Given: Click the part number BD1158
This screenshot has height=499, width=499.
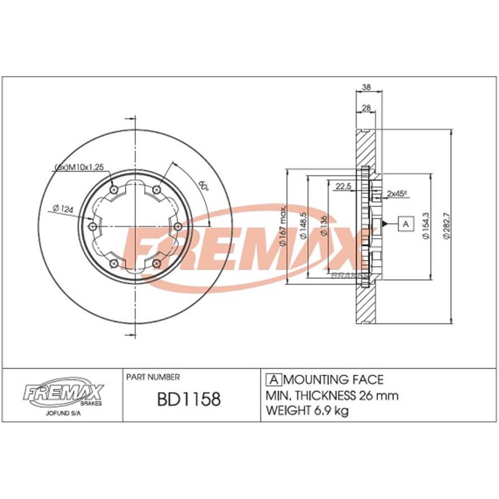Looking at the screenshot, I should pyautogui.click(x=189, y=399).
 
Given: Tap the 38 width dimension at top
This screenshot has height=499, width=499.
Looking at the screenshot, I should pyautogui.click(x=367, y=87).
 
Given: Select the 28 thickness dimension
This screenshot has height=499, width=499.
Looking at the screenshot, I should pyautogui.click(x=366, y=108).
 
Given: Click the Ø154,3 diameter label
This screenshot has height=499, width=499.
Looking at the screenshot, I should pyautogui.click(x=425, y=227).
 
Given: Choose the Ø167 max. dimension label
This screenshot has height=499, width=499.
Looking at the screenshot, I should pyautogui.click(x=282, y=226).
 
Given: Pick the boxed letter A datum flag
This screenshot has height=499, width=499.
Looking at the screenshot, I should pyautogui.click(x=406, y=224).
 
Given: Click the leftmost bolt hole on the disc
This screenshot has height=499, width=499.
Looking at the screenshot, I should pyautogui.click(x=92, y=227).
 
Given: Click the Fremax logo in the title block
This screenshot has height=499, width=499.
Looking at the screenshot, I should pyautogui.click(x=62, y=393).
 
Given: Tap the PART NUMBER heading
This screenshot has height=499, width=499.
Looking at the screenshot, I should pyautogui.click(x=153, y=377).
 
